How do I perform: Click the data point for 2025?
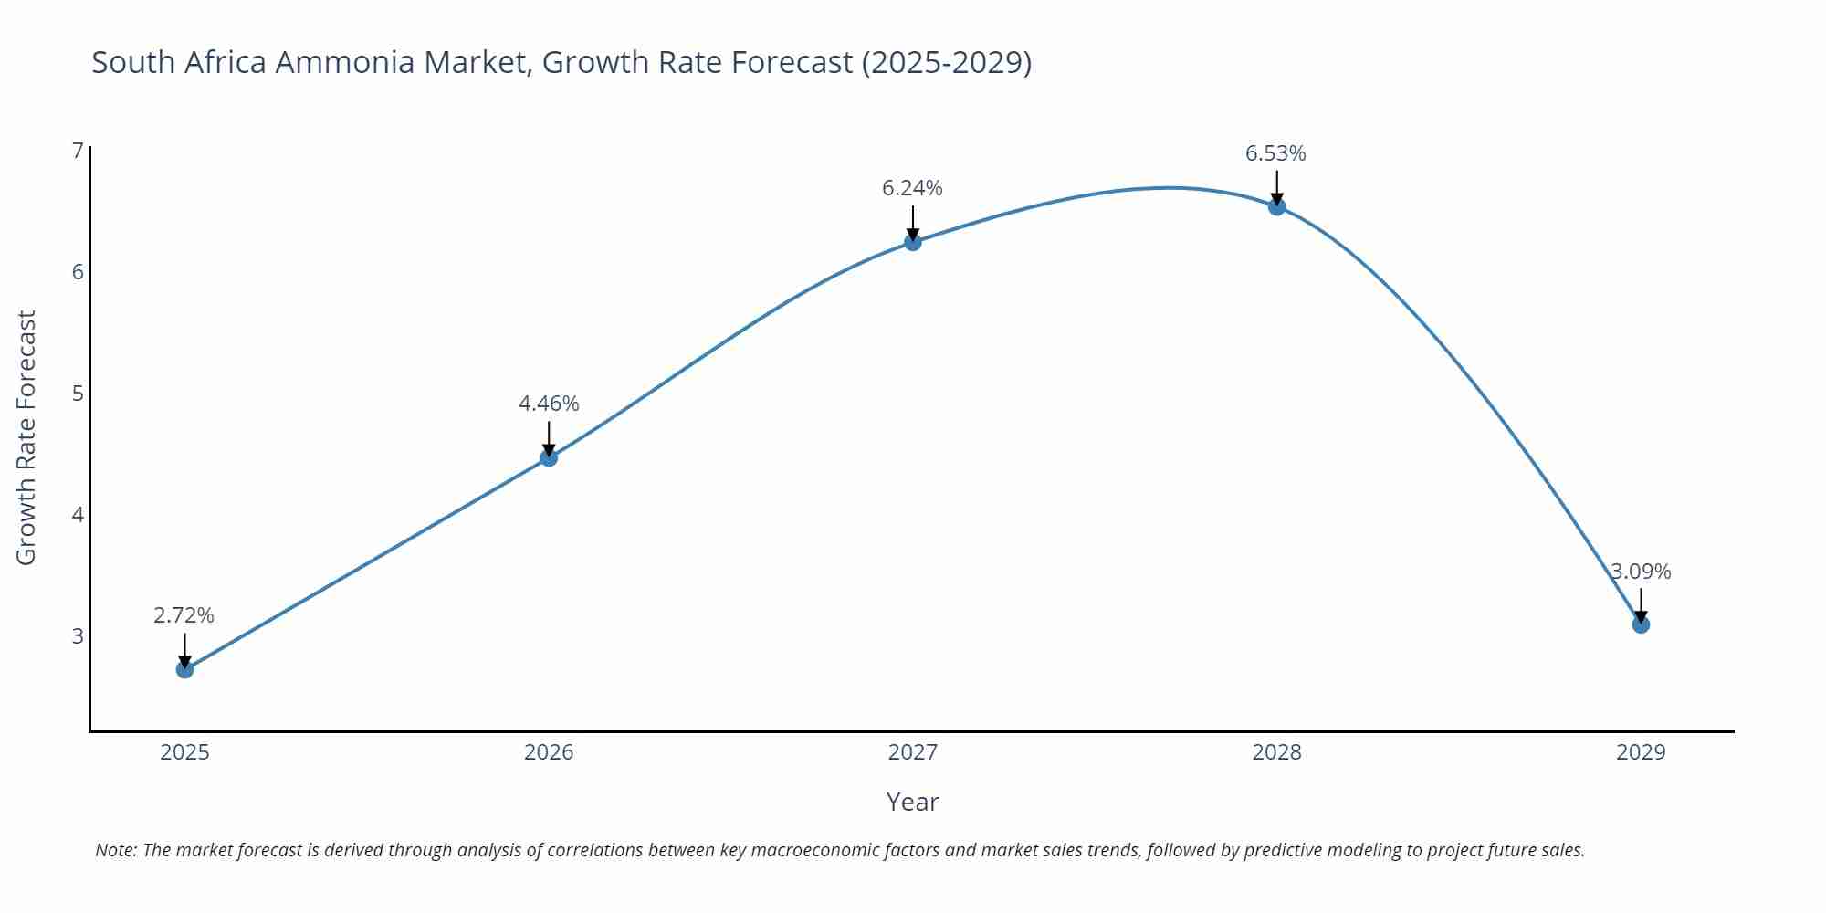(184, 669)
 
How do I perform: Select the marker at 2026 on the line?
(549, 457)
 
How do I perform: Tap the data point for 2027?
(912, 242)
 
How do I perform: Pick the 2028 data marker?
(1276, 206)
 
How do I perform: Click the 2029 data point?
(1641, 624)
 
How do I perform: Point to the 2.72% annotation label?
(184, 615)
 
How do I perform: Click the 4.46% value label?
(549, 404)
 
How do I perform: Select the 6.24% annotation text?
(912, 188)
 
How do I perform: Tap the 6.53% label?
(1275, 153)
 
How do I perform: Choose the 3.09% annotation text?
(1641, 572)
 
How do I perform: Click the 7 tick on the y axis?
(78, 150)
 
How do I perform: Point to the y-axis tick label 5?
(78, 393)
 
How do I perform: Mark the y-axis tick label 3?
(78, 635)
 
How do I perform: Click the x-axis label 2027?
(912, 752)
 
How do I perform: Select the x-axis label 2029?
(1641, 752)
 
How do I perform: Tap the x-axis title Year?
(912, 802)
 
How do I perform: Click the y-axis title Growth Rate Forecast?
(26, 437)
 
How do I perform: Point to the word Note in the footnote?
(115, 850)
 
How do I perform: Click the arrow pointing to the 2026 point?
(549, 437)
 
